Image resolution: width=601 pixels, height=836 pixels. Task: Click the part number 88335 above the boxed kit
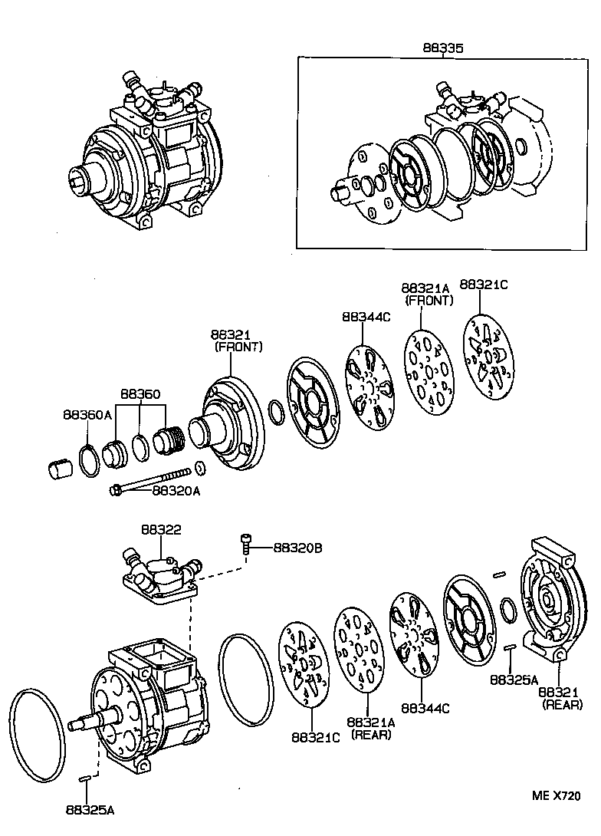[x=443, y=48]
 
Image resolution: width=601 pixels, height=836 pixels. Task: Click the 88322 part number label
[x=161, y=530]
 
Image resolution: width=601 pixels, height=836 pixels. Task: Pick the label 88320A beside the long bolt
[x=176, y=491]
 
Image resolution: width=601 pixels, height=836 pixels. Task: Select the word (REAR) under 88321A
[x=371, y=734]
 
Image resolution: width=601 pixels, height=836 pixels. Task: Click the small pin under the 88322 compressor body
[x=85, y=778]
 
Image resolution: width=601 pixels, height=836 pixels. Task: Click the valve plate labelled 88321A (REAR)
[x=358, y=651]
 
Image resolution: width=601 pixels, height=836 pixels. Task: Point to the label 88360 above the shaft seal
[x=140, y=394]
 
